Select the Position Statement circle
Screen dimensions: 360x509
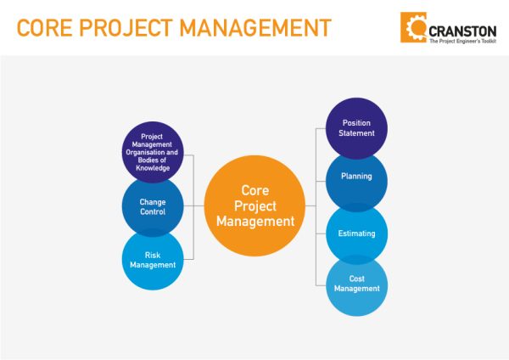point(356,129)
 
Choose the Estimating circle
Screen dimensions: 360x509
point(356,233)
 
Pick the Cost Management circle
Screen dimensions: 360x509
point(356,284)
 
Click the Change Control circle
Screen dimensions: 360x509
point(153,207)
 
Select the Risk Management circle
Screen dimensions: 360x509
point(153,259)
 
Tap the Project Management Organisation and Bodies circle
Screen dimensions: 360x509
point(153,152)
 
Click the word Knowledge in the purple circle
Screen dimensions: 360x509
point(153,168)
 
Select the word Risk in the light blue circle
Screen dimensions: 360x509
point(153,254)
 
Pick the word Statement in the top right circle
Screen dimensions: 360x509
point(356,134)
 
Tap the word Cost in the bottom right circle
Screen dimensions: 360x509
point(356,278)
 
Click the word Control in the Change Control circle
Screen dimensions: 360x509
point(153,212)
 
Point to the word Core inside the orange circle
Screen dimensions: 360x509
point(255,191)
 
